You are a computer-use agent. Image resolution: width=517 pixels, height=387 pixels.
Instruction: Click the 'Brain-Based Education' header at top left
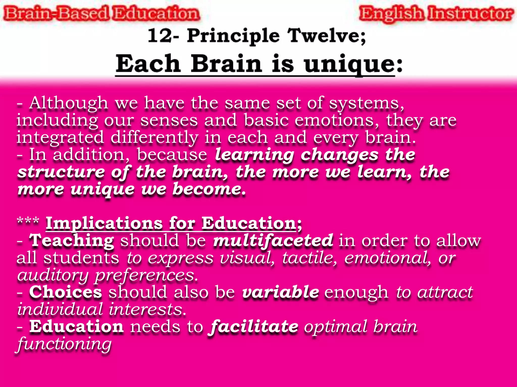coord(101,14)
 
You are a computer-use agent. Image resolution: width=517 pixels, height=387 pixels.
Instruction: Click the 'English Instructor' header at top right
coord(436,14)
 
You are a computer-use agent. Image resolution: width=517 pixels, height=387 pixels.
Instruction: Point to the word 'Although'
coord(69,103)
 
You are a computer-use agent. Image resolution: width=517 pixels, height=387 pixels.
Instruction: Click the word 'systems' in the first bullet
coord(366,103)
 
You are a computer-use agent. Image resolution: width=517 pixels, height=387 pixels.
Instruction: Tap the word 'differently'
coord(154,138)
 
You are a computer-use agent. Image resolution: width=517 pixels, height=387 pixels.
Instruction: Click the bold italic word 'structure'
coord(61,172)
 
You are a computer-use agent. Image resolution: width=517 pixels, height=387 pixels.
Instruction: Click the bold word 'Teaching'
coord(72,241)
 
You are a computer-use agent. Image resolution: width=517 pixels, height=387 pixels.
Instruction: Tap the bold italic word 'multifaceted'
coord(273,241)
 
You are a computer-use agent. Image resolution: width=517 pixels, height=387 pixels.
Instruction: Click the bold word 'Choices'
coord(66,292)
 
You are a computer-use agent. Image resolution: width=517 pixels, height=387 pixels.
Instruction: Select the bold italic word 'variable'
coord(280,292)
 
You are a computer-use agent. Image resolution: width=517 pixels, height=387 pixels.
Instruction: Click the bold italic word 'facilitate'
coord(253,327)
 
